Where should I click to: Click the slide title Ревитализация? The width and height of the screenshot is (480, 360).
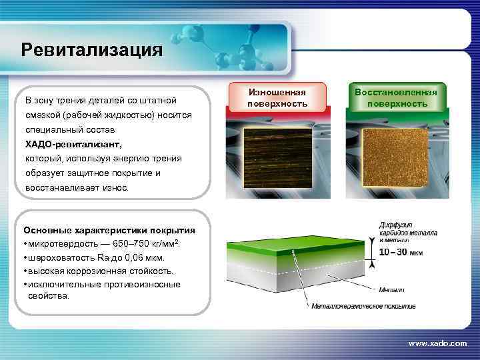tap(91, 51)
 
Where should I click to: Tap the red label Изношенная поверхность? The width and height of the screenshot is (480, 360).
tap(277, 98)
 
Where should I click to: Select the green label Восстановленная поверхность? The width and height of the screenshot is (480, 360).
tap(396, 98)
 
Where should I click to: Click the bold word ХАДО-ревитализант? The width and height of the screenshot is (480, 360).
tap(73, 144)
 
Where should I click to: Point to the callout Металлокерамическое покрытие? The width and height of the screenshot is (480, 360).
tap(363, 307)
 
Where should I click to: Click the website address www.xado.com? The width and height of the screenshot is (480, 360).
tap(437, 343)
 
